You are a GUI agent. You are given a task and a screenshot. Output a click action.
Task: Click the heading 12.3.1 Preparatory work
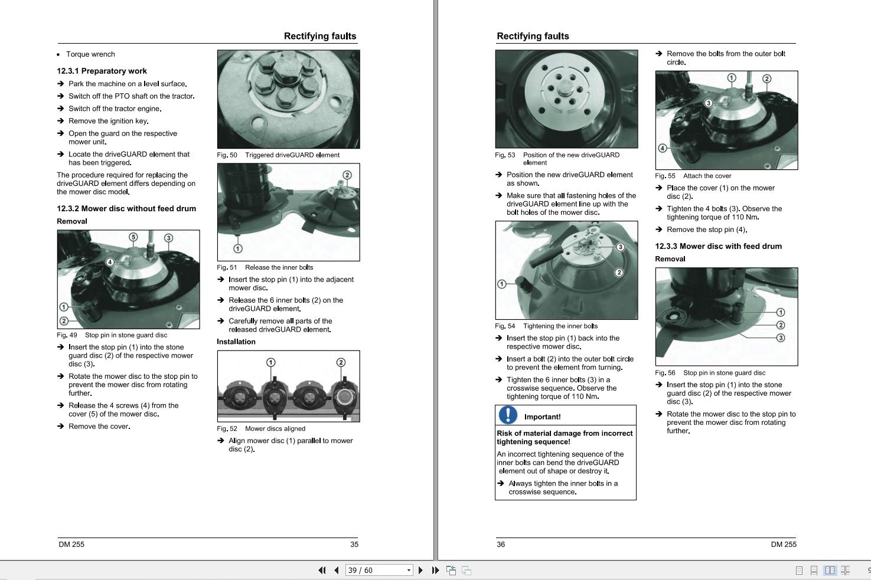coord(102,71)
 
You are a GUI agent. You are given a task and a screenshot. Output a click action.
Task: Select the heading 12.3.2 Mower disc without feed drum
coord(126,208)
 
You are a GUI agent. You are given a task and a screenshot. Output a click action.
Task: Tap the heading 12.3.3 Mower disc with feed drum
coord(718,246)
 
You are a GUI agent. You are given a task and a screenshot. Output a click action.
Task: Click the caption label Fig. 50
coord(227,155)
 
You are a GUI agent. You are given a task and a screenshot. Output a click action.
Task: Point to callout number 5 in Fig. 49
coord(133,237)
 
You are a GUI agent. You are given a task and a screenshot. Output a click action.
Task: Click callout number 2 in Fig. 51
coord(347,175)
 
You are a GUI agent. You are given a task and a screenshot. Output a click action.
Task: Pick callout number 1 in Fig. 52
coord(270,362)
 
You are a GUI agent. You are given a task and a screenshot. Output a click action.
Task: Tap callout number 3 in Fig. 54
coord(620,247)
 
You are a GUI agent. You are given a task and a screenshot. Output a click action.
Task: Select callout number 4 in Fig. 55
coord(663,148)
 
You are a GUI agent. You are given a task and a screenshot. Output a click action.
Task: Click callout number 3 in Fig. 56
coord(781,338)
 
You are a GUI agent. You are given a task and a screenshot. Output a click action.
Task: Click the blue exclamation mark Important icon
coord(508,415)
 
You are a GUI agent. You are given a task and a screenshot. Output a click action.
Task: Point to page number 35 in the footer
coord(354,545)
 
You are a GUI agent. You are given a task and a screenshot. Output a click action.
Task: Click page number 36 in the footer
coord(501,545)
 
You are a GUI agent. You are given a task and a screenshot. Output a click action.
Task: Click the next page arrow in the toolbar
coord(420,571)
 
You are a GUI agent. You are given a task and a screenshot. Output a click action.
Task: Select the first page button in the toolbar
coord(322,571)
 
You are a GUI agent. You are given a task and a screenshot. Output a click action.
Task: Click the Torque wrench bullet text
coord(90,54)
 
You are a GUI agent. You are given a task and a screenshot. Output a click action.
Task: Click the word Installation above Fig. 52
coord(236,342)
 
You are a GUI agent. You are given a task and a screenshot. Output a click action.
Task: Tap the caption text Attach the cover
coord(707,176)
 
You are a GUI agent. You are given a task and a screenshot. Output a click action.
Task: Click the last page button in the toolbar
coord(435,571)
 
